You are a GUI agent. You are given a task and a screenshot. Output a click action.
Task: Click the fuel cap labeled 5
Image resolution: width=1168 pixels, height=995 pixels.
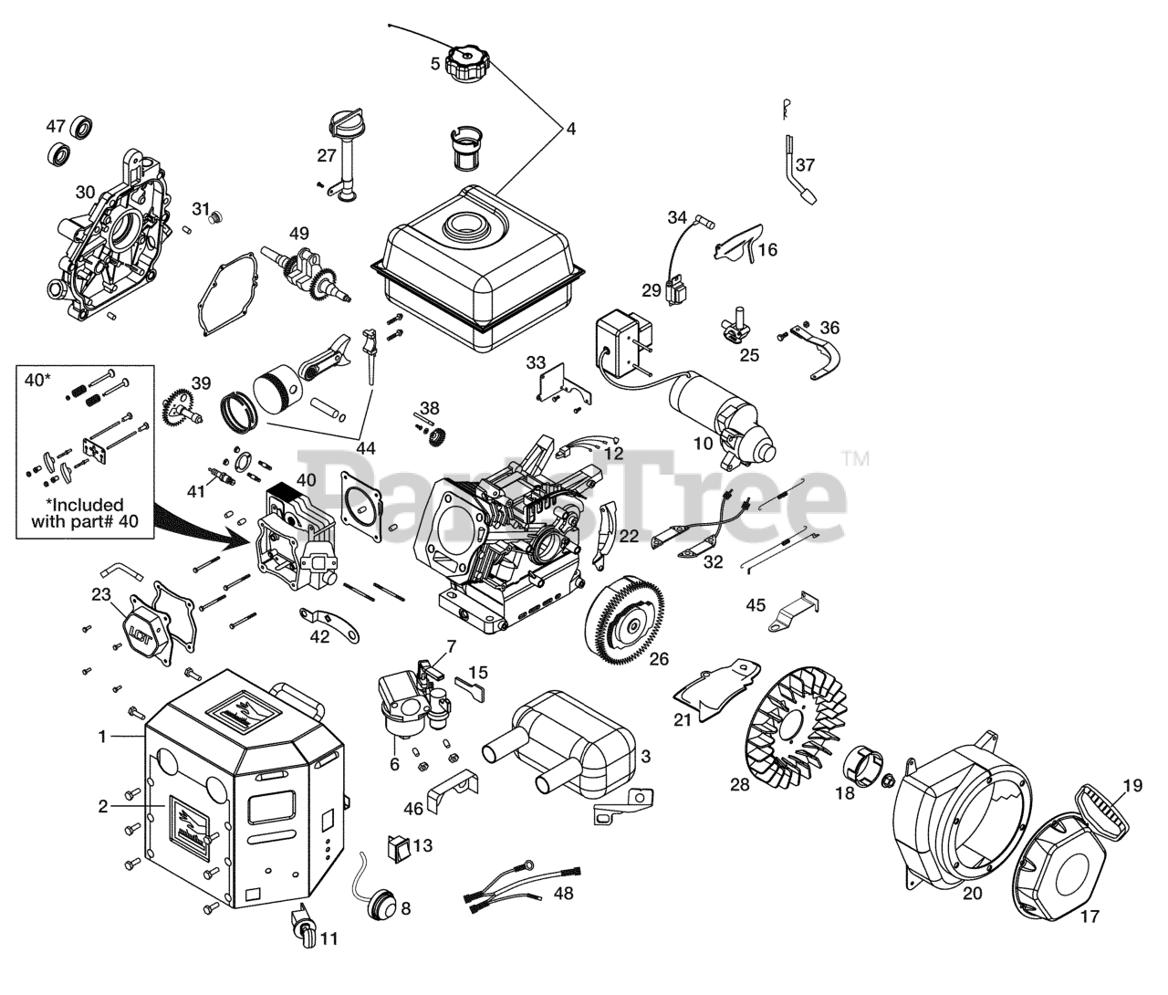(466, 64)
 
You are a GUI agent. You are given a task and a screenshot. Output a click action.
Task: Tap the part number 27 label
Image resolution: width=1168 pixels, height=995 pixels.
(327, 155)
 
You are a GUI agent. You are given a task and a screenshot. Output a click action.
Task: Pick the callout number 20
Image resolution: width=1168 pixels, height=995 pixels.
(973, 894)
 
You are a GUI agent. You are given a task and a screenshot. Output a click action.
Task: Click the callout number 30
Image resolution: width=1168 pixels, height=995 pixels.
(85, 193)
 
